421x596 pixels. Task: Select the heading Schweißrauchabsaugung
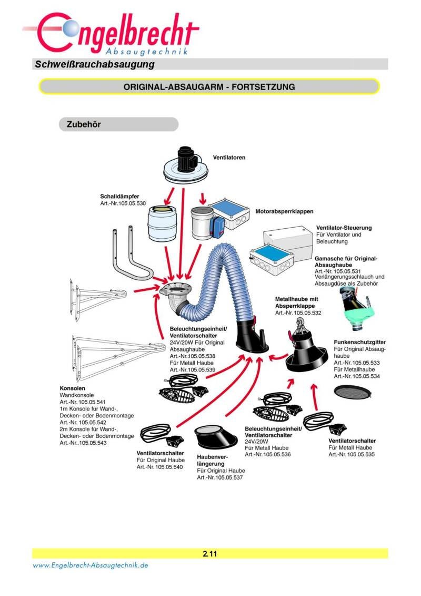(95, 64)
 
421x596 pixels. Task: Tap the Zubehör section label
(84, 124)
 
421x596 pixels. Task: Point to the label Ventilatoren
(229, 157)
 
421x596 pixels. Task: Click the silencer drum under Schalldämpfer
(163, 223)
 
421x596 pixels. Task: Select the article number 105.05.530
(132, 203)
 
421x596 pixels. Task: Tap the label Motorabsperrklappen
(284, 211)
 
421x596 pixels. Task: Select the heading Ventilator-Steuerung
(344, 228)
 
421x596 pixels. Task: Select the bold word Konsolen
(73, 388)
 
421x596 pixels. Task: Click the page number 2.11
(210, 554)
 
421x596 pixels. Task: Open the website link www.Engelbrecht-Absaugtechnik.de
(91, 565)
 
